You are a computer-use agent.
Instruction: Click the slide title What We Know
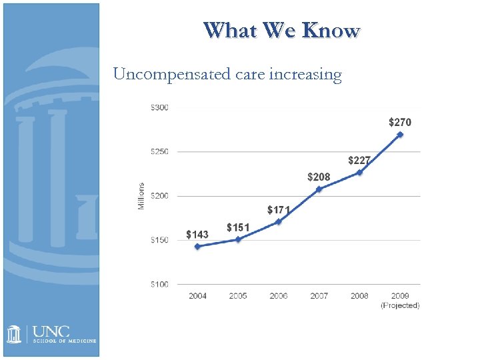(281, 31)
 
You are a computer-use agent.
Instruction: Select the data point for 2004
(197, 247)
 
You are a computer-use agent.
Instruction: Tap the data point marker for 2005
(238, 239)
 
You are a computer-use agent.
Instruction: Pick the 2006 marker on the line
(279, 222)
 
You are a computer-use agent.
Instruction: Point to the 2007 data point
(319, 189)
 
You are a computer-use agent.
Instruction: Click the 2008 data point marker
(359, 173)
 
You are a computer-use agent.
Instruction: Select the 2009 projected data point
(400, 135)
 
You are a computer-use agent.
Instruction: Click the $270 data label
(400, 123)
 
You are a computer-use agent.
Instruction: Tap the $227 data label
(359, 161)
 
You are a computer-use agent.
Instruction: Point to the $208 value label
(319, 177)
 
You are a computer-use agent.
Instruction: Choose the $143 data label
(197, 235)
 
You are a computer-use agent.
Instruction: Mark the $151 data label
(238, 228)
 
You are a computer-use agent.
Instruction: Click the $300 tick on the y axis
(159, 107)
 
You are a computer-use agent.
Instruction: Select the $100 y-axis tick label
(159, 285)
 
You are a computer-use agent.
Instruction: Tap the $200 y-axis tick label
(159, 196)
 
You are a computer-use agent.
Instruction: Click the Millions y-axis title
(141, 196)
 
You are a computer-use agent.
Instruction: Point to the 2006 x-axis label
(279, 296)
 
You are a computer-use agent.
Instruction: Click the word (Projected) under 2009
(400, 305)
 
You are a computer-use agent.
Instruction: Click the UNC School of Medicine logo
(51, 334)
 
